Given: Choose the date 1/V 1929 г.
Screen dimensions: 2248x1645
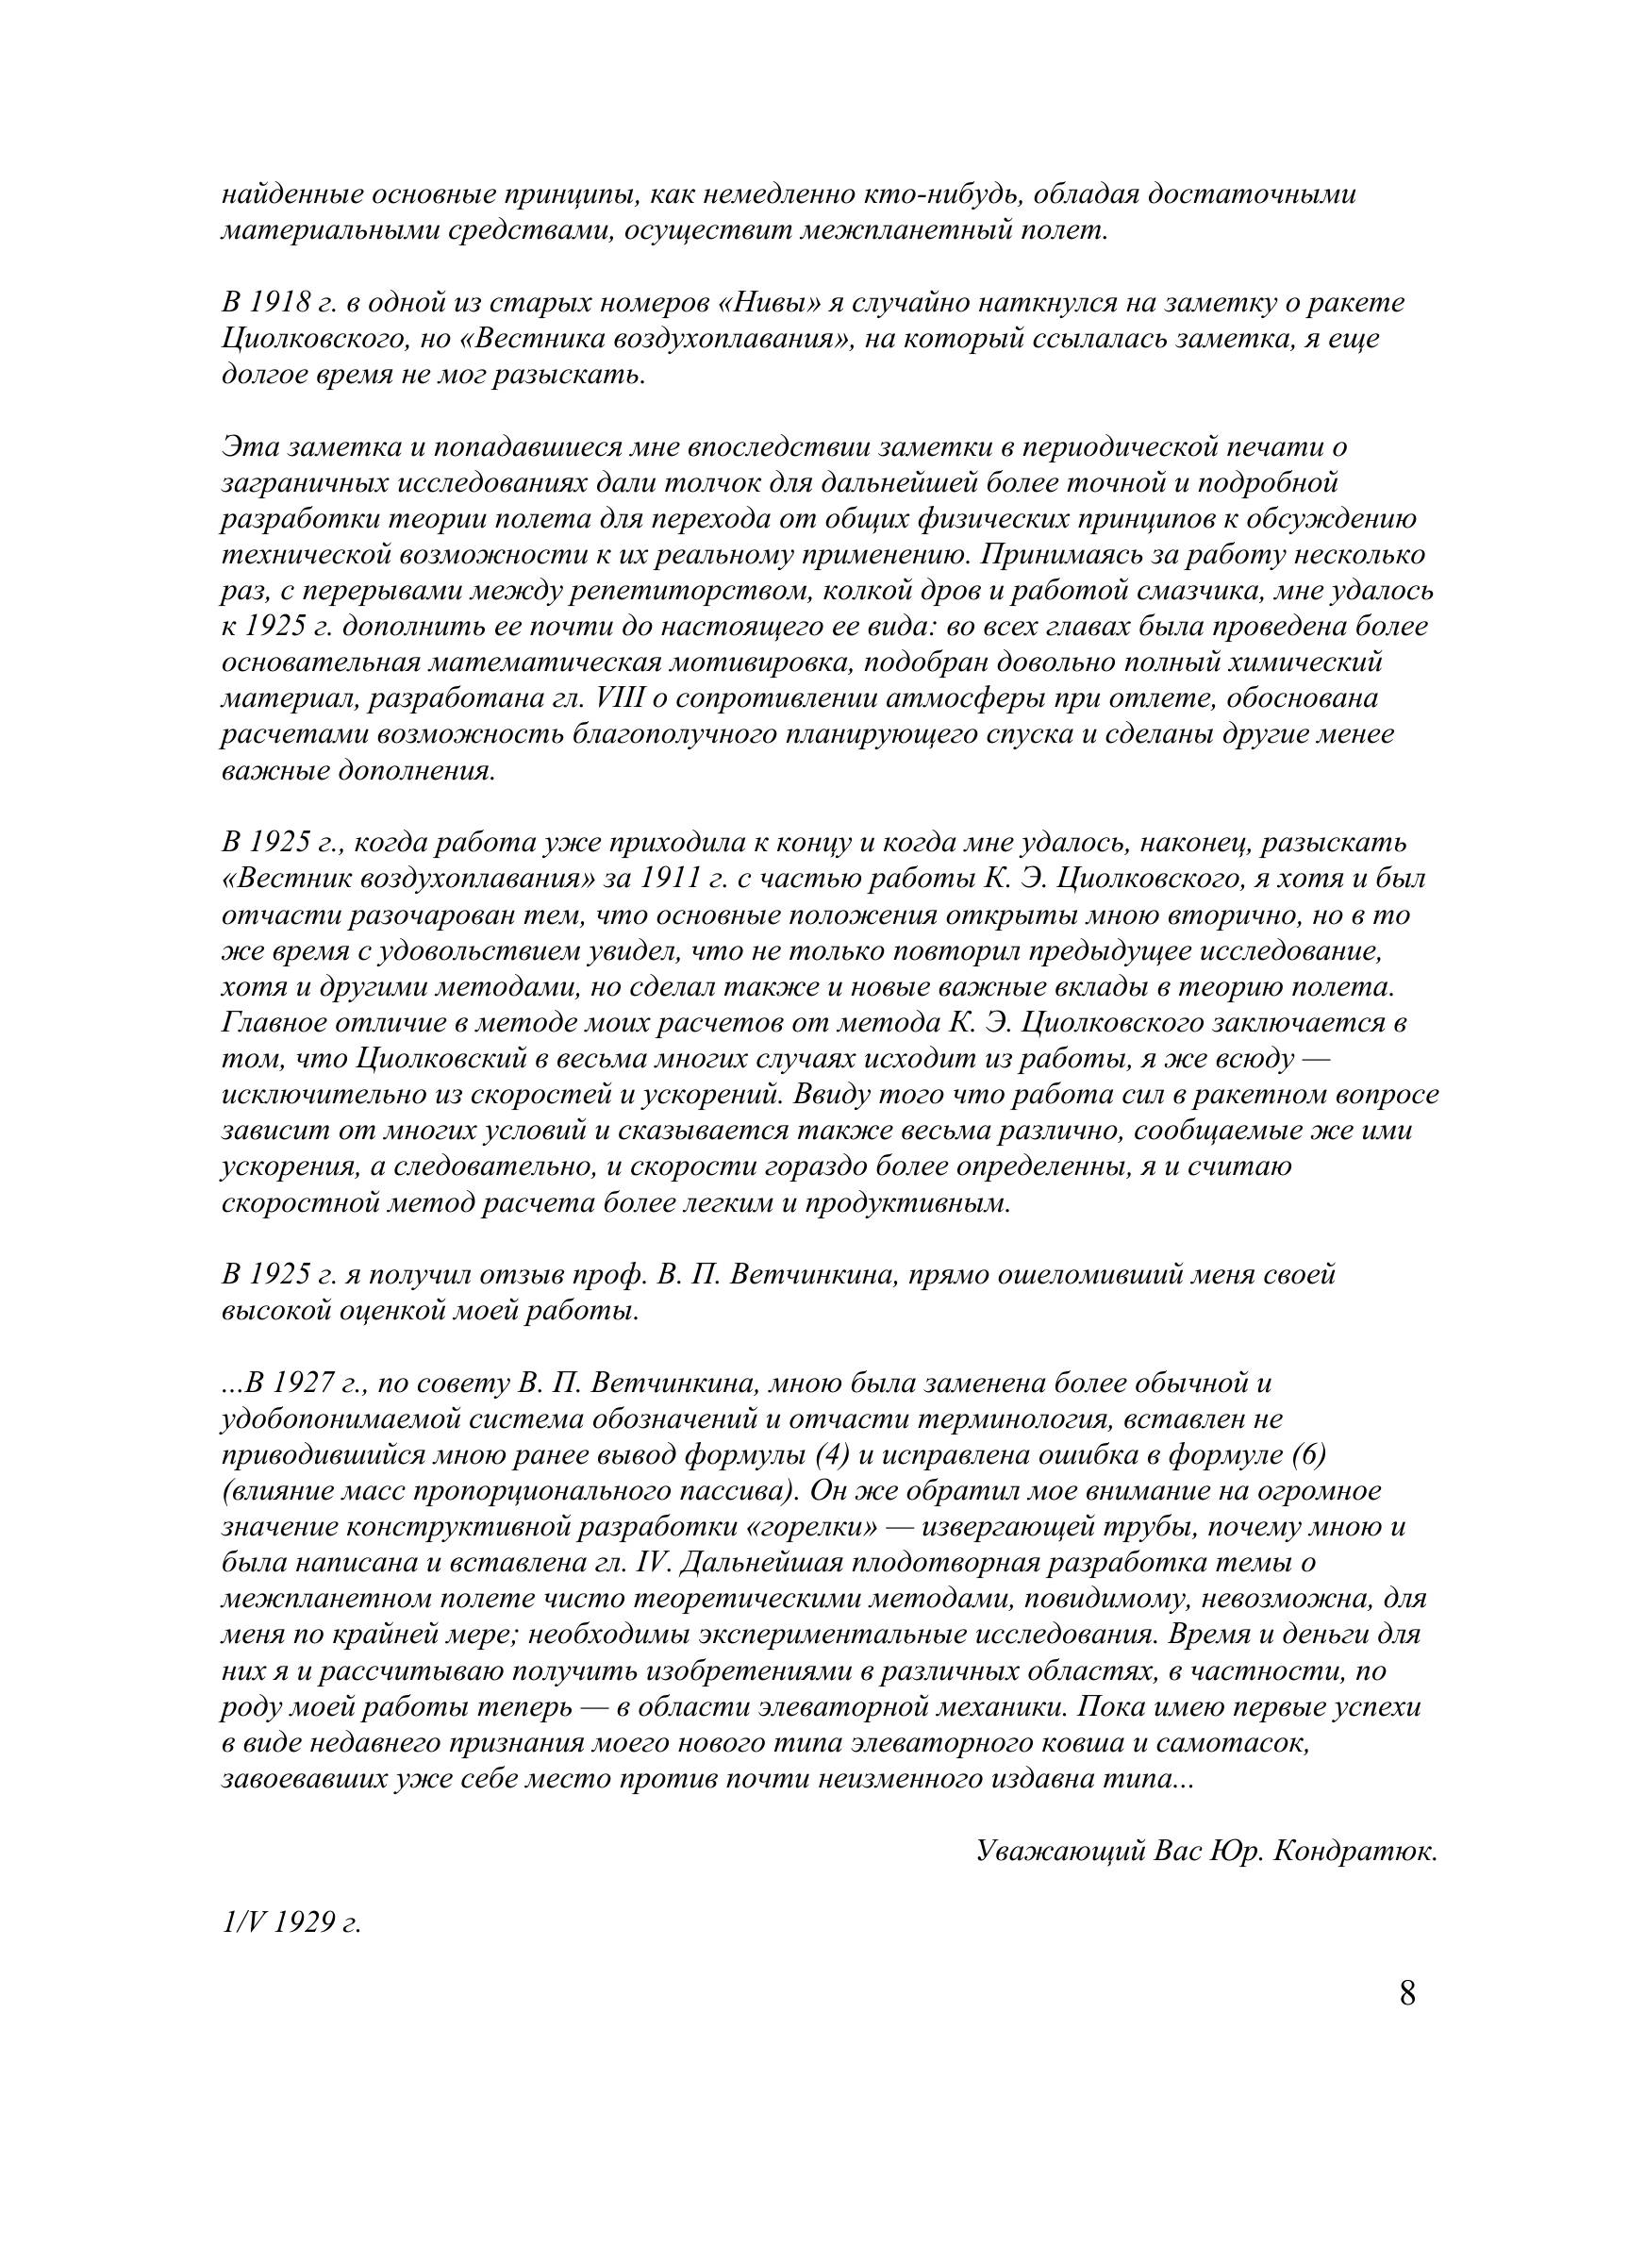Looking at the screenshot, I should pos(291,1921).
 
